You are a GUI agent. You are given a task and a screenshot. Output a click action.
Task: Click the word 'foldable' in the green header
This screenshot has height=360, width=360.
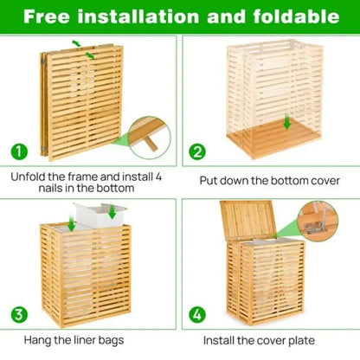pos(292,16)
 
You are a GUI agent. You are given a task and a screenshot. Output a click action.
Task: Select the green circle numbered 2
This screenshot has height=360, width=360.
pos(196,151)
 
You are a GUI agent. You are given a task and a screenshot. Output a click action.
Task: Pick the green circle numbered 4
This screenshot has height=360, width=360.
pos(196,312)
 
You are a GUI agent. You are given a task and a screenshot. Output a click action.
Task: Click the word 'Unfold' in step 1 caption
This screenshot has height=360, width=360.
pos(29,176)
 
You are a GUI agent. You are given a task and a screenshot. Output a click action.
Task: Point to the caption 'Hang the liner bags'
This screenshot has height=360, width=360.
pos(88,341)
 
